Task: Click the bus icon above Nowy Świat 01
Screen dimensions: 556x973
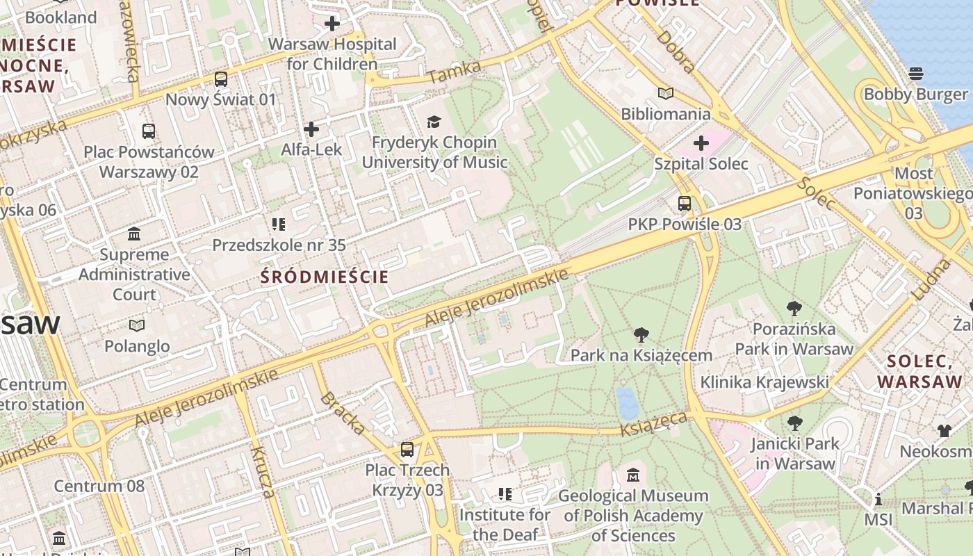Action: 220,79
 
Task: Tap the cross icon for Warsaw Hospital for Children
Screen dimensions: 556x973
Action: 332,24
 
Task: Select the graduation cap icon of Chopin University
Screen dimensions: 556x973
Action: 434,122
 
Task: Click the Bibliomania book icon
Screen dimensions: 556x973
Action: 666,93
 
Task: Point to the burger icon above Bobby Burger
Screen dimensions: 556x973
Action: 915,74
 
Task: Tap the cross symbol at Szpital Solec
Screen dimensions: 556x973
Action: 701,143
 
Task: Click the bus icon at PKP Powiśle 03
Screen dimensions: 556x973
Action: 685,204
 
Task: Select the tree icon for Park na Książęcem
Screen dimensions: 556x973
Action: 641,335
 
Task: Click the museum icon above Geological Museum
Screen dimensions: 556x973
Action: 632,475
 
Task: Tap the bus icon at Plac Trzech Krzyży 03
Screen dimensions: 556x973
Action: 407,450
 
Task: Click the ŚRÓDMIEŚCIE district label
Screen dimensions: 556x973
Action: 325,277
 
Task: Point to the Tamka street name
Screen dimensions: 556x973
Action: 454,72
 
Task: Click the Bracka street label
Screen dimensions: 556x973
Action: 342,414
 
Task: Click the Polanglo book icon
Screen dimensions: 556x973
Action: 137,325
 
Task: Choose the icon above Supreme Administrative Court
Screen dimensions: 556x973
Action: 134,234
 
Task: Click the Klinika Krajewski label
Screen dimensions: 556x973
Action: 764,382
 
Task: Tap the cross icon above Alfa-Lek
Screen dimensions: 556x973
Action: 311,129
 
